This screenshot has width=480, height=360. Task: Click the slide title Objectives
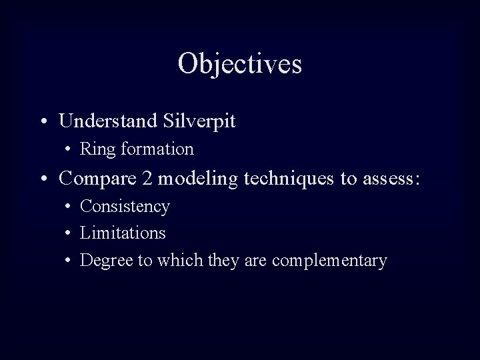(x=240, y=64)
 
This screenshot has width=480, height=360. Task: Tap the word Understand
(x=108, y=121)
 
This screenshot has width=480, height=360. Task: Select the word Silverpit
(x=199, y=121)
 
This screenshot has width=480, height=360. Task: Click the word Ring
(x=95, y=149)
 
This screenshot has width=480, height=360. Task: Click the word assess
(x=393, y=179)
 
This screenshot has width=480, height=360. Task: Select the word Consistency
(x=125, y=207)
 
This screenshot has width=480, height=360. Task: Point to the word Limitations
(x=123, y=233)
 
